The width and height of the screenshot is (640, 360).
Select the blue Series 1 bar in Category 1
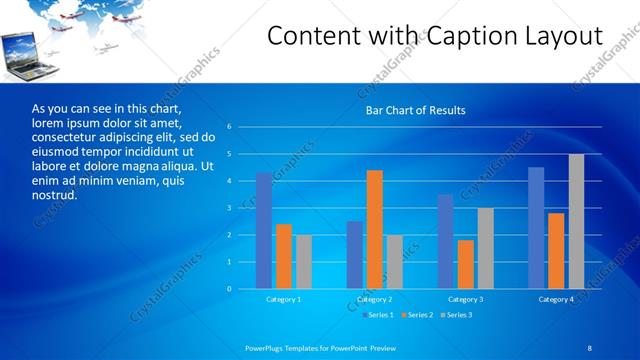[264, 231]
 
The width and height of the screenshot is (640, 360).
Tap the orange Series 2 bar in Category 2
[375, 229]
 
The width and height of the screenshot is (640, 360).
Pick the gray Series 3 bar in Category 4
[576, 221]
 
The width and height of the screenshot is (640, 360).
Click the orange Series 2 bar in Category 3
[466, 264]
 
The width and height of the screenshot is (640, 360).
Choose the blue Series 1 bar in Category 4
[536, 228]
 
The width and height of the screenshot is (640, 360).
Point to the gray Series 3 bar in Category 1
[304, 262]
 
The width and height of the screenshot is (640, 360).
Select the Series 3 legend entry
[455, 315]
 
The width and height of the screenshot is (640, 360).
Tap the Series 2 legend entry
[416, 315]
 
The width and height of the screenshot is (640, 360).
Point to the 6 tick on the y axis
[229, 127]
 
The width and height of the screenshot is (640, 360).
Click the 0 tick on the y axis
[229, 289]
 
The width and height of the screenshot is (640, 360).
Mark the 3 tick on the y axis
[229, 208]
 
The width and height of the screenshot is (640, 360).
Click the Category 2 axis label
[374, 299]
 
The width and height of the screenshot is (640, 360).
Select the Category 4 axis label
[556, 299]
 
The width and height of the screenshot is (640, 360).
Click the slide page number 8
[590, 346]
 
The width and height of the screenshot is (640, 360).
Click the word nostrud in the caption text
[54, 194]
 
